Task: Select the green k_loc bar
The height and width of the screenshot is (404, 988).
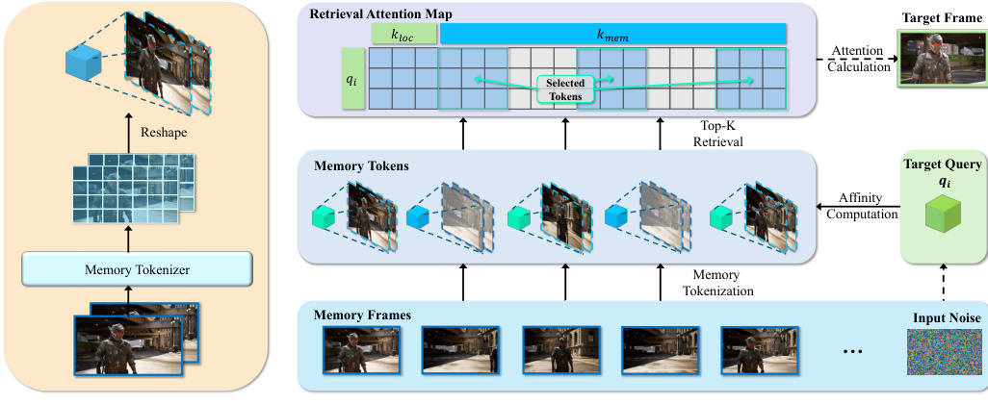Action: point(403,35)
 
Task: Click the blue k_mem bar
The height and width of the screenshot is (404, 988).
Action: point(612,35)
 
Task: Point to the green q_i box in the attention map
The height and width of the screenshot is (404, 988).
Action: point(352,79)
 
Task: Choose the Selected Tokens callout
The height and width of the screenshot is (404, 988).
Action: point(565,89)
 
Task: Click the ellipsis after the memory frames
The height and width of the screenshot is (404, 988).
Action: point(853,351)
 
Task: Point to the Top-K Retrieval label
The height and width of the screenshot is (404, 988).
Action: point(713,133)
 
